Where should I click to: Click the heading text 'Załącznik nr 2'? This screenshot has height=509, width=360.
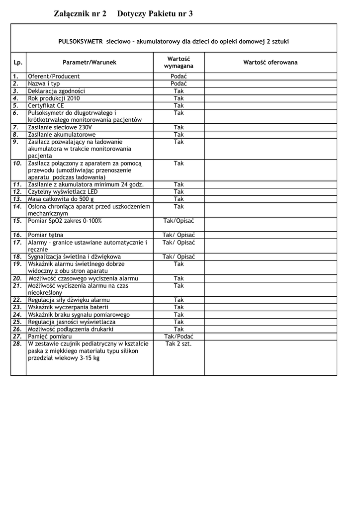[80, 14]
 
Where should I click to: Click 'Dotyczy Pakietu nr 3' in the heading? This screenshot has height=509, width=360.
[155, 14]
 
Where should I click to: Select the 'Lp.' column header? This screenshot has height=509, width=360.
[18, 63]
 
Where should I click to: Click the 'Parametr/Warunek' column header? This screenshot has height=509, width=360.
[90, 63]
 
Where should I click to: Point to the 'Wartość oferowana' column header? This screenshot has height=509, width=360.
[270, 63]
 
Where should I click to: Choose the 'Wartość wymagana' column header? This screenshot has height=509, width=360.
[179, 63]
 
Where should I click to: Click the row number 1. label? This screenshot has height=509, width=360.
[16, 77]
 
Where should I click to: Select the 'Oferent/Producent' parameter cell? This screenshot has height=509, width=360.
[54, 77]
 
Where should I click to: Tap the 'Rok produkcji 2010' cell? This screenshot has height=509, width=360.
[54, 98]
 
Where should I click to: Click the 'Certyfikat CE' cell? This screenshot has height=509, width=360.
[46, 106]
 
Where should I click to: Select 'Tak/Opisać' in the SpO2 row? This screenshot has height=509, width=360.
[179, 221]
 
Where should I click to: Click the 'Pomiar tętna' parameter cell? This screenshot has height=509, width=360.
[46, 235]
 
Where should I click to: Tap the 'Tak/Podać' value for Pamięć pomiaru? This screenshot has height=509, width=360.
[179, 337]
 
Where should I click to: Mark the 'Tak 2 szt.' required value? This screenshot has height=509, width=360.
[179, 344]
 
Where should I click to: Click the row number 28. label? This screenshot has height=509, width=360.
[17, 344]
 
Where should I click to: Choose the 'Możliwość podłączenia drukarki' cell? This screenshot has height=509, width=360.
[71, 330]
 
